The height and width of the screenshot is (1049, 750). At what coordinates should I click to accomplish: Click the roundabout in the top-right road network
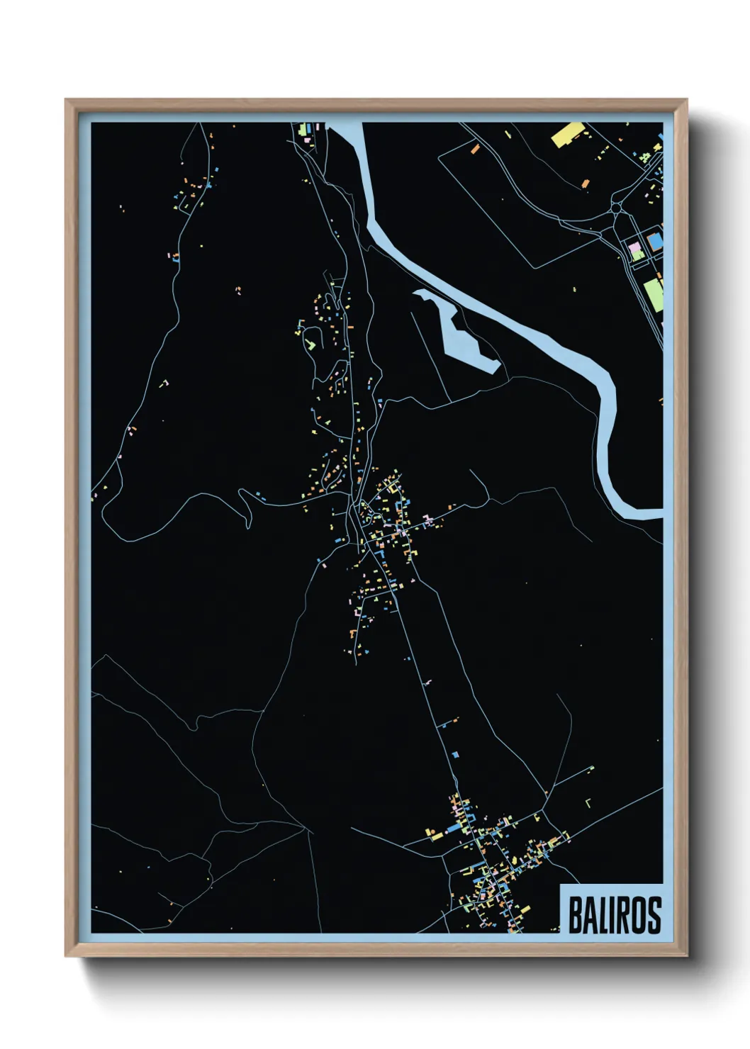[x=616, y=208]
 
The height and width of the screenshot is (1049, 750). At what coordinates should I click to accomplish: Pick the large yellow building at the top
[x=566, y=134]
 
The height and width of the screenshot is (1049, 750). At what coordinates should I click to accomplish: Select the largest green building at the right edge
[x=653, y=293]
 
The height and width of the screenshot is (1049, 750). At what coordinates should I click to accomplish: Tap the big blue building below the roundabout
[x=654, y=240]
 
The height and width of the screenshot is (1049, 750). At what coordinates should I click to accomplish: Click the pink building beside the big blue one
[x=636, y=249]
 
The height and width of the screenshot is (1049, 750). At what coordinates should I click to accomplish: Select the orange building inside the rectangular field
[x=475, y=149]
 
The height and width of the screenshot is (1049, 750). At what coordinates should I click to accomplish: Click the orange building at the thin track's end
[x=586, y=184]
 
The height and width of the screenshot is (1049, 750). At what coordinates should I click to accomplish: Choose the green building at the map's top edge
[x=301, y=130]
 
